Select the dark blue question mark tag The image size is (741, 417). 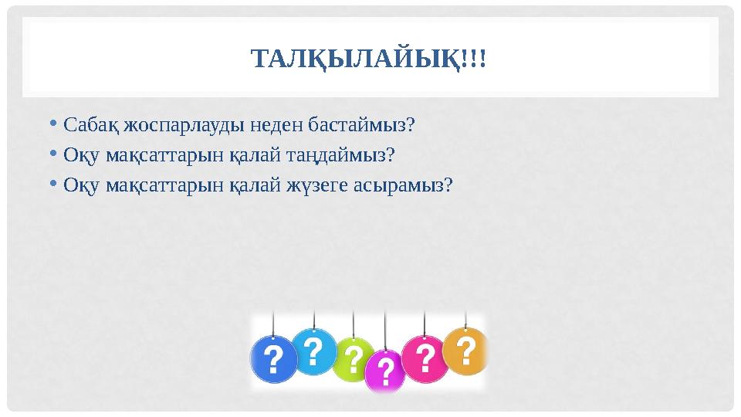273,359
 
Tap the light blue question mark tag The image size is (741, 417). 313,352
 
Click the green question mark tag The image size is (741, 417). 353,359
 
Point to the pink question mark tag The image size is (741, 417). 424,358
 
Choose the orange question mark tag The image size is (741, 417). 466,351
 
